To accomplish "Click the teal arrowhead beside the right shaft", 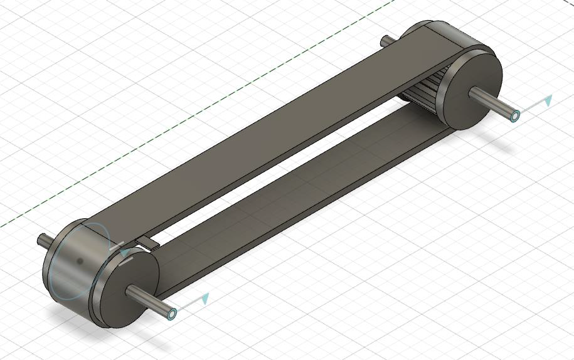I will [548, 100].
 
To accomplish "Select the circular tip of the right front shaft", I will [515, 116].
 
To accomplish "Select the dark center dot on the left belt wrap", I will [80, 260].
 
